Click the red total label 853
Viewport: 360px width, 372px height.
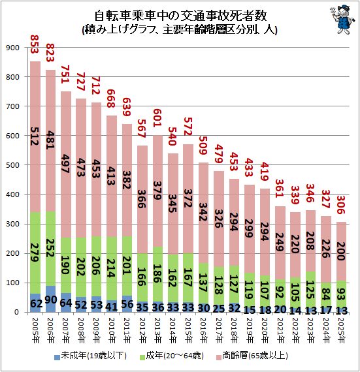pyautogui.click(x=35, y=44)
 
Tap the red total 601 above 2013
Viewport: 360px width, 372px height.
pyautogui.click(x=157, y=117)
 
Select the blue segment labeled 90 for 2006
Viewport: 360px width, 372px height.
pyautogui.click(x=50, y=299)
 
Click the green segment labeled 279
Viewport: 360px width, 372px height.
pyautogui.click(x=35, y=253)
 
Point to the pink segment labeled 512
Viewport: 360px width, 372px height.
pyautogui.click(x=35, y=136)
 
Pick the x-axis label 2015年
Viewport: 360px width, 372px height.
pyautogui.click(x=188, y=330)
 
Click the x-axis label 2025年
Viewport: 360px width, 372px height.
pyautogui.click(x=341, y=330)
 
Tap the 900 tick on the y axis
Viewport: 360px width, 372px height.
pyautogui.click(x=12, y=48)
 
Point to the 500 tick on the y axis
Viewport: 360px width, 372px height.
pyautogui.click(x=12, y=165)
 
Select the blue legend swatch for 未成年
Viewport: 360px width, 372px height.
pyautogui.click(x=57, y=357)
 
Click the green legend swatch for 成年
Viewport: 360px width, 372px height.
pyautogui.click(x=142, y=357)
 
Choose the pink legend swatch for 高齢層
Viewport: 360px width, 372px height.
pyautogui.click(x=219, y=357)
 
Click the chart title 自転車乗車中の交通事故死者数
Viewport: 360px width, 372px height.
pyautogui.click(x=180, y=16)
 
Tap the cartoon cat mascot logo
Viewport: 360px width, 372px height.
pyautogui.click(x=342, y=20)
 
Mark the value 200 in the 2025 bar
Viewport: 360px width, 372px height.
pyautogui.click(x=341, y=251)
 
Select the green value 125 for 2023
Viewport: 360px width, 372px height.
pyautogui.click(x=310, y=290)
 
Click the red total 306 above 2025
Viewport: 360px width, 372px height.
pyautogui.click(x=341, y=205)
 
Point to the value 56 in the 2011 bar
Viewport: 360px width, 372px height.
pyautogui.click(x=127, y=304)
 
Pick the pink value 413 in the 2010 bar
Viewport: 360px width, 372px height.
pyautogui.click(x=111, y=176)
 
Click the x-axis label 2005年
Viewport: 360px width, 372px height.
pyautogui.click(x=35, y=330)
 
